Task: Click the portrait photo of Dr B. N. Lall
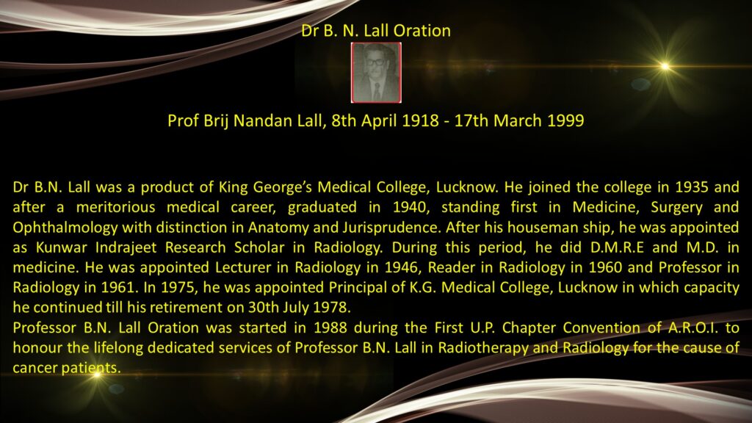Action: click(x=376, y=73)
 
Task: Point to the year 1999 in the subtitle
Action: click(x=565, y=120)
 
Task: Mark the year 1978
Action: click(x=334, y=308)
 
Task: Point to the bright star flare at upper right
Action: click(x=665, y=66)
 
